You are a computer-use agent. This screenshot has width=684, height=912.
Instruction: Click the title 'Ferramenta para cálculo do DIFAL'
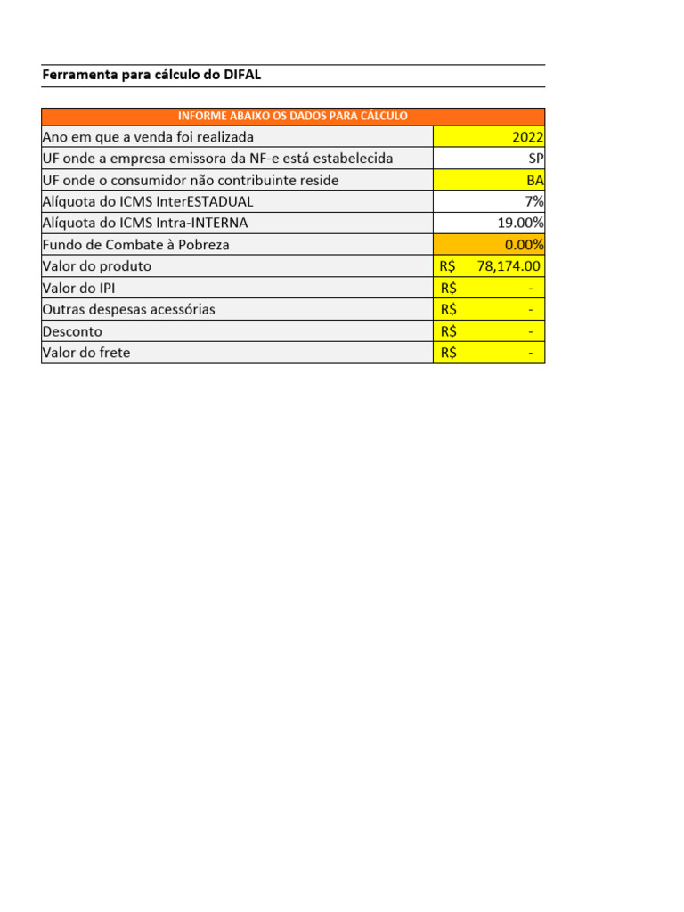tap(151, 76)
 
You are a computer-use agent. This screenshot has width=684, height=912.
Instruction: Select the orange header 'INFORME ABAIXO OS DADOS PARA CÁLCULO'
tap(293, 117)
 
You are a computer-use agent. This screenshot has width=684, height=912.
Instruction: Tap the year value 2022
tap(527, 137)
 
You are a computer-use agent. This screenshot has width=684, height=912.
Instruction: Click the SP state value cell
tap(535, 159)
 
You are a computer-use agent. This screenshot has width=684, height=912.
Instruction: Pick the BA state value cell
tap(534, 181)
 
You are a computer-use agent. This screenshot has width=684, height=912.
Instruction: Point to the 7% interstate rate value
tap(534, 202)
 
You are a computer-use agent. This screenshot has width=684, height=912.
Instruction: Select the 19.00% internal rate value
tap(520, 224)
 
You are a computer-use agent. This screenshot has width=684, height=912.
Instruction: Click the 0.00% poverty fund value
tap(524, 245)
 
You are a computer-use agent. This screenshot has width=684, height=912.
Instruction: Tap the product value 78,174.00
tap(509, 266)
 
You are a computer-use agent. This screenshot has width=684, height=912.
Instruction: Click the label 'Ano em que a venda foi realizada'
tap(148, 137)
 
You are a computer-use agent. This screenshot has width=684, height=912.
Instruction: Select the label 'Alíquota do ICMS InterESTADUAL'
tap(148, 202)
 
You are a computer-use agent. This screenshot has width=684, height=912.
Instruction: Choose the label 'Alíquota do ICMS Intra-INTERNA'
tap(145, 224)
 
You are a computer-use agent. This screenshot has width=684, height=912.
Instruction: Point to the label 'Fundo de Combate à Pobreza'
tap(135, 245)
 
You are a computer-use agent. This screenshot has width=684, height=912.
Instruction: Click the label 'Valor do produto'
tap(97, 266)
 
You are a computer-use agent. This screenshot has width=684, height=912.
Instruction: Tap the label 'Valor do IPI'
tap(78, 288)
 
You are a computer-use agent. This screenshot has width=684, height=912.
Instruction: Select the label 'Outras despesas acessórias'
tap(128, 310)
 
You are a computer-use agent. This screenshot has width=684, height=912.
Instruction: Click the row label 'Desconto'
tap(72, 331)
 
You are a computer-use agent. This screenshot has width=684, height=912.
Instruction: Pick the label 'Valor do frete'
tap(86, 353)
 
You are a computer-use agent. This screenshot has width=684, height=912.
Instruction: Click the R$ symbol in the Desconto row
tap(448, 331)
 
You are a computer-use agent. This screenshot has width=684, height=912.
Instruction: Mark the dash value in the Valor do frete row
tap(531, 353)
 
